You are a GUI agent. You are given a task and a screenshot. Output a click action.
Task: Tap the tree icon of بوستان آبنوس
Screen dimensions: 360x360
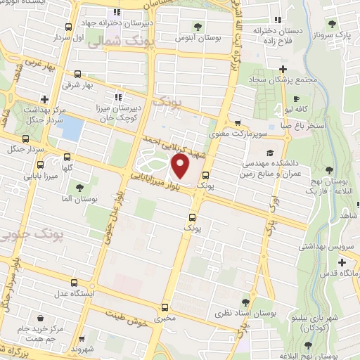click(198, 27)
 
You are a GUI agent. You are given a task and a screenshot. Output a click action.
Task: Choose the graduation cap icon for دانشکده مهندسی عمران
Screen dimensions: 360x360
click(270, 152)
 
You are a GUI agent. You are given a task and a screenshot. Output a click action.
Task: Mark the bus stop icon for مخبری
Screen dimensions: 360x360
click(165, 307)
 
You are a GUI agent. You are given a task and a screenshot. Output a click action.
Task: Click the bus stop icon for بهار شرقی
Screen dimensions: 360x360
click(77, 73)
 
